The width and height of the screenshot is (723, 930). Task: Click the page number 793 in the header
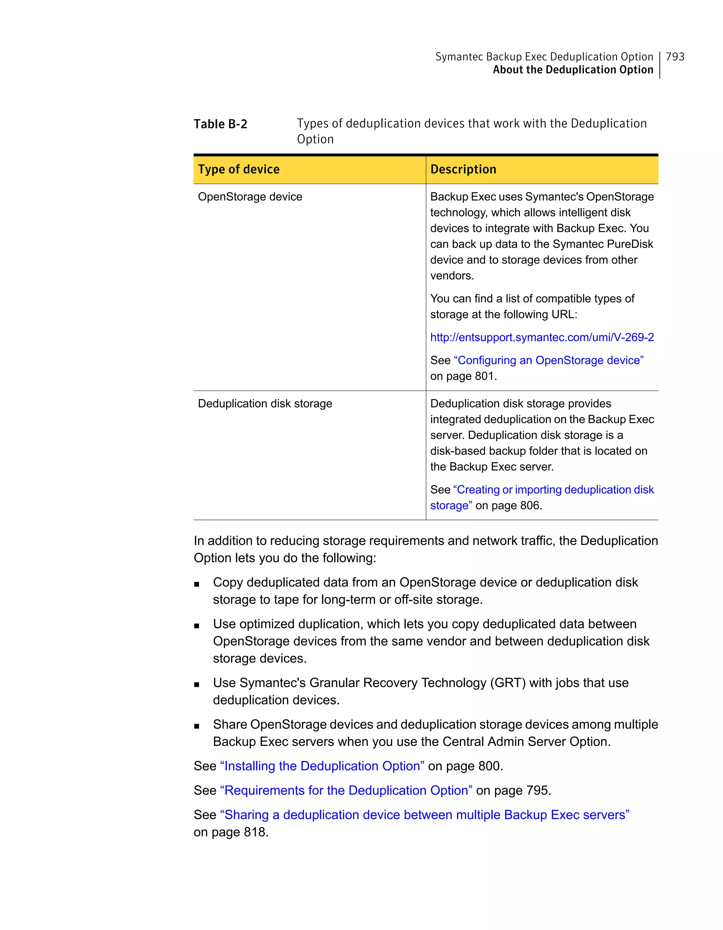(675, 57)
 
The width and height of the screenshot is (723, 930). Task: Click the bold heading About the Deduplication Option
(573, 70)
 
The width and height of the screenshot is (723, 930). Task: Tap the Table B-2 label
(220, 124)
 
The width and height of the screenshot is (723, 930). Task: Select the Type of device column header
(239, 170)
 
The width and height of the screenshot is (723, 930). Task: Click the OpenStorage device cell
(250, 197)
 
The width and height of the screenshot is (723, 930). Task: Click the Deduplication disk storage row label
(265, 404)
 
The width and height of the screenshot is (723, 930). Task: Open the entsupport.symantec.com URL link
(542, 337)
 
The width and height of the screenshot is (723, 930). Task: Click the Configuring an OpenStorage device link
(549, 360)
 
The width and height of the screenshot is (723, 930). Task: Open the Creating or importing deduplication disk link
(553, 490)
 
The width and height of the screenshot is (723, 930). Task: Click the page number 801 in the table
(484, 377)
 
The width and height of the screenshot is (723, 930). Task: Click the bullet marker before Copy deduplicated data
(197, 584)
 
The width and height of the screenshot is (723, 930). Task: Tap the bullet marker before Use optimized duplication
(197, 626)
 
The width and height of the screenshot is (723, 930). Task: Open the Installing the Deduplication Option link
(322, 766)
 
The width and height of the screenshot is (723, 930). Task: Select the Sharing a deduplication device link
(424, 815)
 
